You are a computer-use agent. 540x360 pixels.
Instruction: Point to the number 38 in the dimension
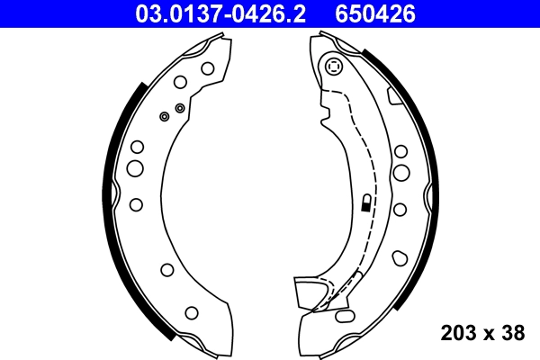512,333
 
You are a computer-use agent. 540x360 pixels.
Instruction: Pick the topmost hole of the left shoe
207,67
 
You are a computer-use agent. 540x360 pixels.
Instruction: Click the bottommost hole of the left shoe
192,312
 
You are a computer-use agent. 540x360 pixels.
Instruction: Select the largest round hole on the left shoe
134,168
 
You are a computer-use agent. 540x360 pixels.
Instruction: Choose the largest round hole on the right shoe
401,171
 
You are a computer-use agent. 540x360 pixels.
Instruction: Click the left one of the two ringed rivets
164,116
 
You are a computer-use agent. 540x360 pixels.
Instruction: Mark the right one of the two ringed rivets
180,108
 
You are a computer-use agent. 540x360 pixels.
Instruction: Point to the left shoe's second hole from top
180,83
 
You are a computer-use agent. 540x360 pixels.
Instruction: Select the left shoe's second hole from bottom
166,269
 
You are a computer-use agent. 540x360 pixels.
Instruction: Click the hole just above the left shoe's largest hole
137,146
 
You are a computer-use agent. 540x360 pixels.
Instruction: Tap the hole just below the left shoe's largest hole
135,204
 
